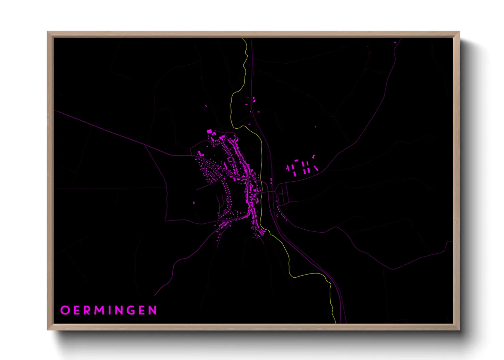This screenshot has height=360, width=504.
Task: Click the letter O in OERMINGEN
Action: (x=65, y=310)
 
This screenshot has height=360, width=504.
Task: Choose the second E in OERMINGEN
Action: (x=143, y=310)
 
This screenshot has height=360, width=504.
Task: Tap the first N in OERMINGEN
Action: (x=121, y=310)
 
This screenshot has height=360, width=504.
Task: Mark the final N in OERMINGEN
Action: (x=153, y=310)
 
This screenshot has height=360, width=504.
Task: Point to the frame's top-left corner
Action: (x=48, y=32)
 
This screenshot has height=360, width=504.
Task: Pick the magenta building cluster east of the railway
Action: (x=302, y=167)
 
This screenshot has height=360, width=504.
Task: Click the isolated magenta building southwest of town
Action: (x=194, y=203)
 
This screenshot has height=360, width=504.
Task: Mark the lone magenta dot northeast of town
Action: (x=315, y=127)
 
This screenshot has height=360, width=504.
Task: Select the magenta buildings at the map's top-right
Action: (x=395, y=43)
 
